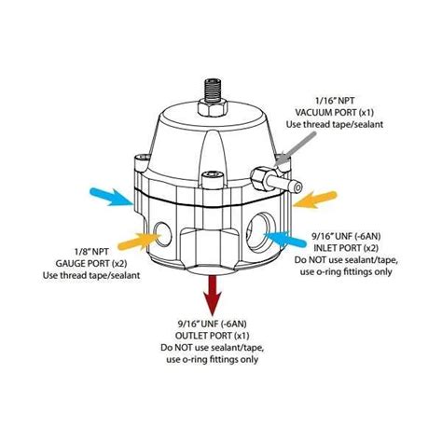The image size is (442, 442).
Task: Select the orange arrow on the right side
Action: pos(316,198)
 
